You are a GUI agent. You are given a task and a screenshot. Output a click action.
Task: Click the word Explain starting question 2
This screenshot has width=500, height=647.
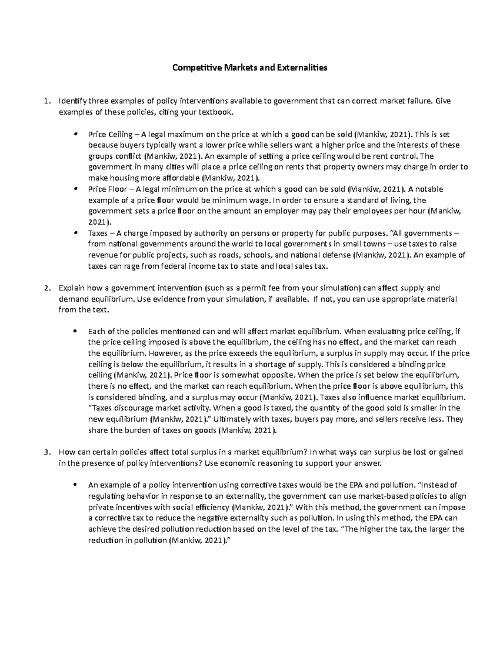71,288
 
